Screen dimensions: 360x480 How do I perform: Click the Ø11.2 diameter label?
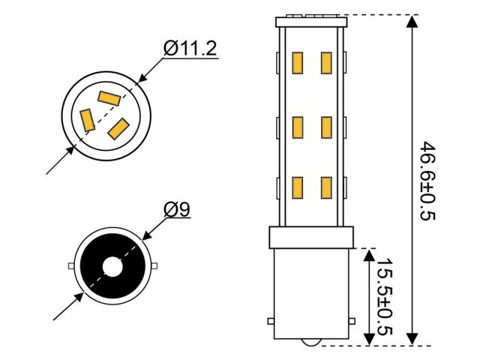(190, 49)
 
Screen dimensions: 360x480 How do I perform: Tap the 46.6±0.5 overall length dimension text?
(428, 180)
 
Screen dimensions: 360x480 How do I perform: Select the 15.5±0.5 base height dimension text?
(383, 298)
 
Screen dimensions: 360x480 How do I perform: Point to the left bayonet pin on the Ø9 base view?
(70, 266)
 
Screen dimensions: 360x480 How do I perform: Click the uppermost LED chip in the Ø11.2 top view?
(109, 97)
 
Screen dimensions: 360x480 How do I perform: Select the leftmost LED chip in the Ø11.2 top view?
(87, 119)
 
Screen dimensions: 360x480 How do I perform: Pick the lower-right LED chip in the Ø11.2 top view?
(119, 127)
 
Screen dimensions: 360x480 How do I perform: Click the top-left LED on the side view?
(297, 63)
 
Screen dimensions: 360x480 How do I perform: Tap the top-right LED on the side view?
(326, 63)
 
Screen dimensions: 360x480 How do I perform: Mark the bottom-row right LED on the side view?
(326, 186)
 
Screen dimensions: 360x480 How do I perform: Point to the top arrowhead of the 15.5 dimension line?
(367, 256)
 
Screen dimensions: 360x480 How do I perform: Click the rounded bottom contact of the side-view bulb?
(311, 342)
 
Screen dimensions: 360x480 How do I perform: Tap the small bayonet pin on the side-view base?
(271, 322)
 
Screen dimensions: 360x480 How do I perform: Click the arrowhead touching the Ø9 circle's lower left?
(77, 299)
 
